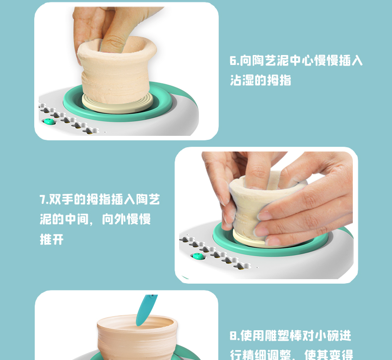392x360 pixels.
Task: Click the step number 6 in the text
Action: coord(233,60)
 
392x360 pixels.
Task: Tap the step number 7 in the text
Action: coord(42,200)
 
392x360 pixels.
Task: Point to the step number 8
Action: coord(233,336)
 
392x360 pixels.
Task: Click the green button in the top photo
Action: coord(49,121)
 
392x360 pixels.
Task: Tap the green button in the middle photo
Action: coord(198,256)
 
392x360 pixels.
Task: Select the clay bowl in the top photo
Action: coord(117,70)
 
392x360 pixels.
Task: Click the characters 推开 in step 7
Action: coord(52,240)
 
